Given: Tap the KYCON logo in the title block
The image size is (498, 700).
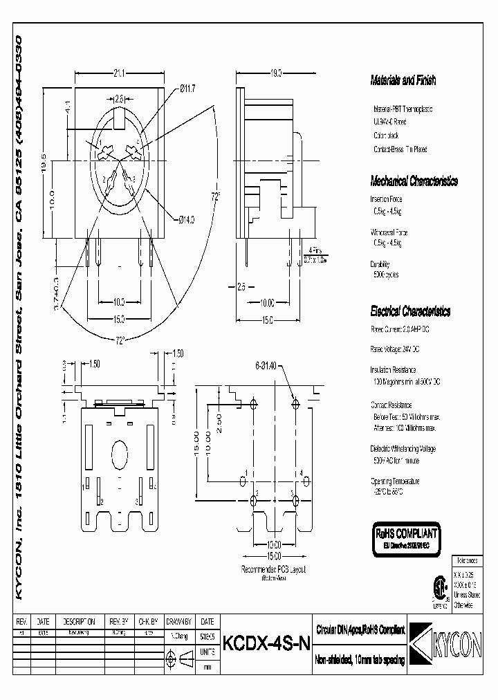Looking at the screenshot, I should tap(438, 641).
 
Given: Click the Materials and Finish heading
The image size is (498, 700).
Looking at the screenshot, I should tap(403, 81).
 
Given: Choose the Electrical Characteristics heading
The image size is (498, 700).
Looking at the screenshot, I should tap(410, 311).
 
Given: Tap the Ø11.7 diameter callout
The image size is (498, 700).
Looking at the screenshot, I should tap(188, 88).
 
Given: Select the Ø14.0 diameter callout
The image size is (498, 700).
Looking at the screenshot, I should tap(186, 219).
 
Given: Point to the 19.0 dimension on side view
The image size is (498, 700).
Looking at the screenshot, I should tap(277, 72).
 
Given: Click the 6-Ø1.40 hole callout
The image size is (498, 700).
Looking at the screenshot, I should tap(266, 365).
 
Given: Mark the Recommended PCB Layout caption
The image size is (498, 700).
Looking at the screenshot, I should tap(273, 569).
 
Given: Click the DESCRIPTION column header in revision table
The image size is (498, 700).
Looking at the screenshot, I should tap(79, 621).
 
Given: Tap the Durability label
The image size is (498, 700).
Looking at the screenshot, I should tap(380, 264).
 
